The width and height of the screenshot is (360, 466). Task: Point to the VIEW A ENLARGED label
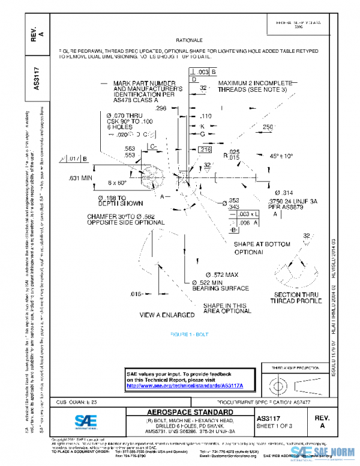pyautogui.click(x=167, y=315)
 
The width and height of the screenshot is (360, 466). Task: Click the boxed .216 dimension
pyautogui.click(x=205, y=150)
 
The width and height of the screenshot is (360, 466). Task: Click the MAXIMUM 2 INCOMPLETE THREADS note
pyautogui.click(x=252, y=86)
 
